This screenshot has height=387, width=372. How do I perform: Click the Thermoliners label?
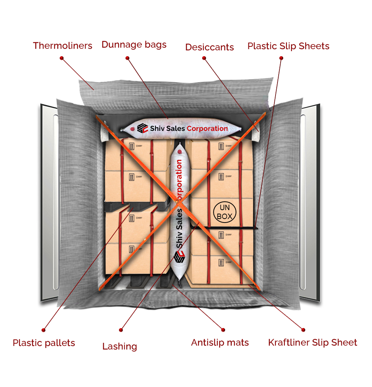[62, 46]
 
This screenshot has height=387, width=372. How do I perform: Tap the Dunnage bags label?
[134, 45]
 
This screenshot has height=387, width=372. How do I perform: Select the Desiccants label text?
[210, 47]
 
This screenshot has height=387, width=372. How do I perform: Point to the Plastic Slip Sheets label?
[288, 46]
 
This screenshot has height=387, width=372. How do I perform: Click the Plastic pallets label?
[44, 343]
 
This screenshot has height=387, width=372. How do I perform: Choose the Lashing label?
[120, 346]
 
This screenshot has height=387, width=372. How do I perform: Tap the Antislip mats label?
[220, 342]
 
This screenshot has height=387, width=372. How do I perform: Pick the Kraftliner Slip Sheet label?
[313, 342]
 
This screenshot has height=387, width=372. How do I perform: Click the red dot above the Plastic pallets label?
[43, 330]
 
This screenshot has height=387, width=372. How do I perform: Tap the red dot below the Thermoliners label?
[62, 58]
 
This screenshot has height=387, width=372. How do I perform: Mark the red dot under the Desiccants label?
[204, 58]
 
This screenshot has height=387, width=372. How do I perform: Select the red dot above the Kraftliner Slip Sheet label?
[303, 330]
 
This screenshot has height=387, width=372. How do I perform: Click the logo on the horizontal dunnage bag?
[143, 128]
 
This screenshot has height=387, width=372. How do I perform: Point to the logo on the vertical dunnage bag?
[179, 257]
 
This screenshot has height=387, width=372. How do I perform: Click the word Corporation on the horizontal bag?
[207, 128]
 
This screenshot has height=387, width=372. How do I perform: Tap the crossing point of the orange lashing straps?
[178, 202]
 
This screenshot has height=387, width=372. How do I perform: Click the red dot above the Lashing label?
[121, 330]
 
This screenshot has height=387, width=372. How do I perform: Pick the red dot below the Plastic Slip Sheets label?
[281, 58]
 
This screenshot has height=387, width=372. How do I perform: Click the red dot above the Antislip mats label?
[223, 330]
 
